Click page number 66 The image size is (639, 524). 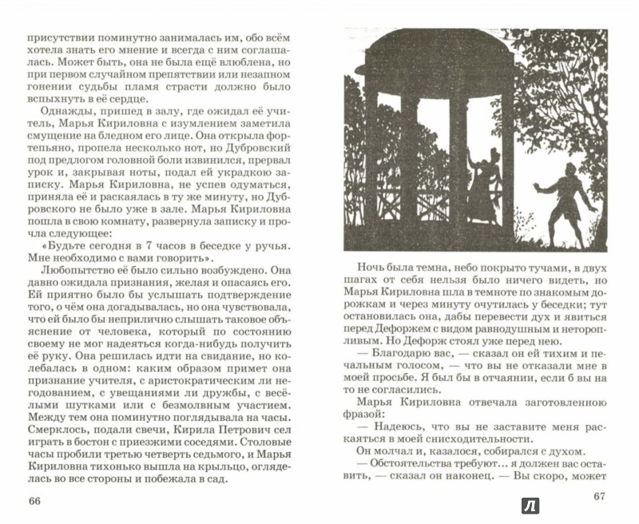[x=34, y=500]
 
